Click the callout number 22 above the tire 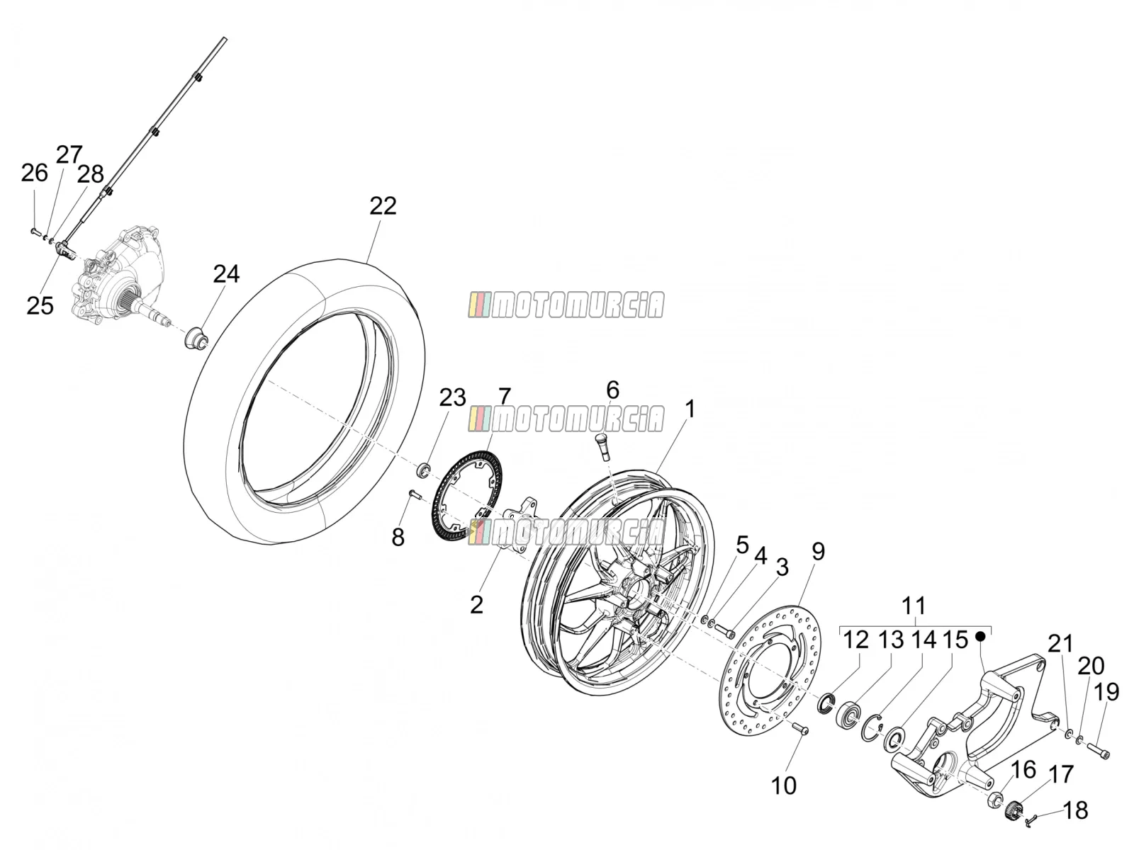[x=383, y=206]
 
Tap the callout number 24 [x=226, y=274]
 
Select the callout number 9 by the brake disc [x=819, y=551]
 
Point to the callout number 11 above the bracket [x=914, y=605]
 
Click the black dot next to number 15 [x=979, y=636]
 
